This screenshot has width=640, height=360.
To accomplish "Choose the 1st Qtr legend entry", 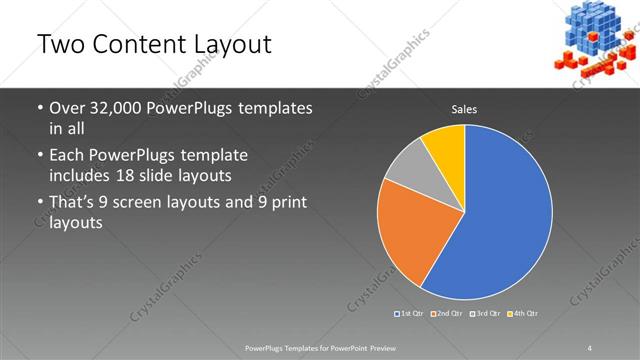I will pyautogui.click(x=411, y=314).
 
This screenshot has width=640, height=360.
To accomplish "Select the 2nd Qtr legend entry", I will pyautogui.click(x=449, y=314).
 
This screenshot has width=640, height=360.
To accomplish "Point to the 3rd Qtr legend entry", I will pyautogui.click(x=487, y=314).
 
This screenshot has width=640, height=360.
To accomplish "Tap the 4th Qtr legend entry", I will pyautogui.click(x=525, y=314).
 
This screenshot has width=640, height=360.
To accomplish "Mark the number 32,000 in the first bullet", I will pyautogui.click(x=115, y=109).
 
